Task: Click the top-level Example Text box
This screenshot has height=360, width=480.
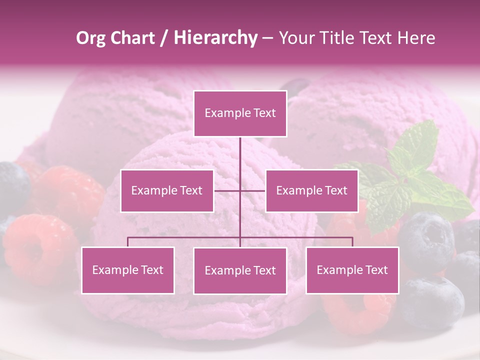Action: click(240, 113)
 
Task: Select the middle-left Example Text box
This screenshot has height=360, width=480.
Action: click(167, 190)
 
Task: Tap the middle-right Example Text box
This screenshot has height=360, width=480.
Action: click(311, 190)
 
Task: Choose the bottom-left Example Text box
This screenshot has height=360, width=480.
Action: click(128, 270)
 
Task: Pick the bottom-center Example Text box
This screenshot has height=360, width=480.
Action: click(240, 270)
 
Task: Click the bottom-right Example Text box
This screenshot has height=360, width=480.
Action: click(352, 270)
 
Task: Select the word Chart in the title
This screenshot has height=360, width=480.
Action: click(132, 38)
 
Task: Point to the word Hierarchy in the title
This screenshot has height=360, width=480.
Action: click(215, 38)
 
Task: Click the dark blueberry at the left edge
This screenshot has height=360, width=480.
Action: click(12, 185)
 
